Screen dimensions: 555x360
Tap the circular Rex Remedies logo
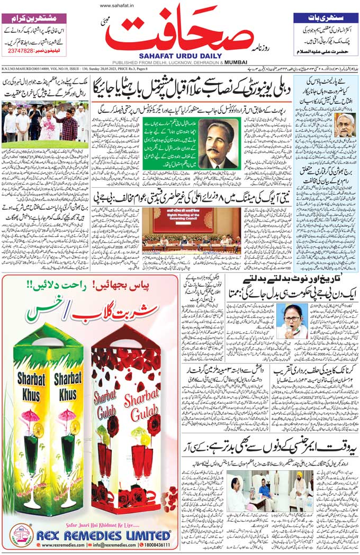(x=22, y=535)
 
